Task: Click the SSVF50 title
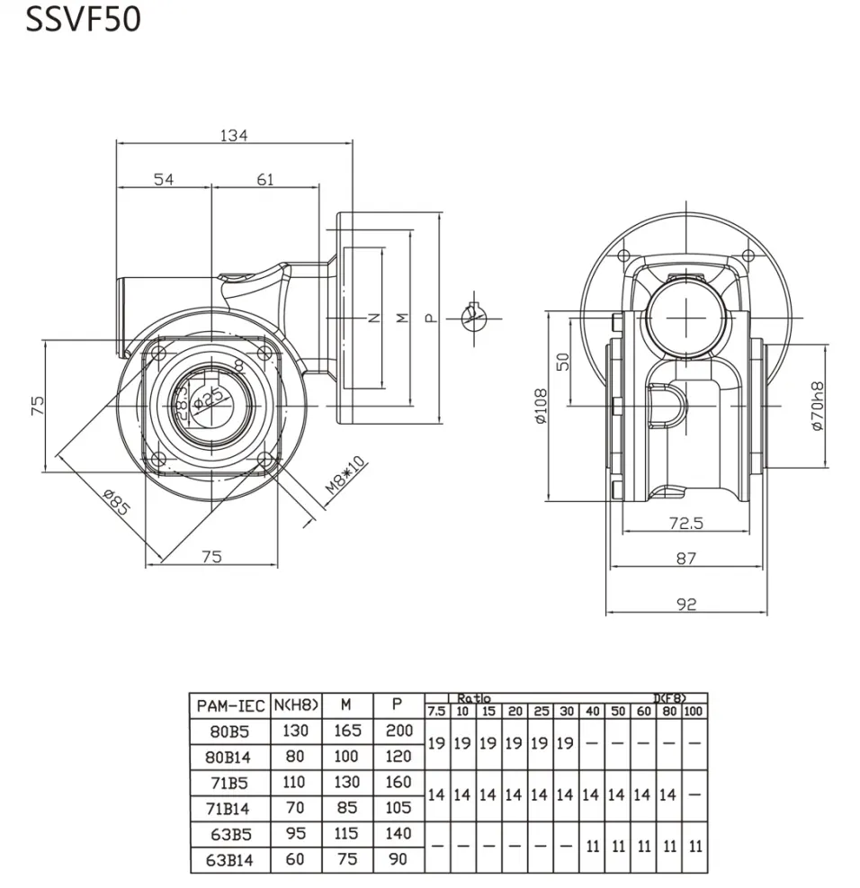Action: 84,20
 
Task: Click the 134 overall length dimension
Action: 233,135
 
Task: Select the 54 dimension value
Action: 163,179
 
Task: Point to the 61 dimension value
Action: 264,179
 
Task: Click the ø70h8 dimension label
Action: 817,406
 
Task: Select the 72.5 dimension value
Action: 685,522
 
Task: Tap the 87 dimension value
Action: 685,559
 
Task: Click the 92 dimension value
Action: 685,605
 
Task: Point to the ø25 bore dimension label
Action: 208,397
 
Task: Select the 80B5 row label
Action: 229,731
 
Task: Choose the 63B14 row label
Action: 229,860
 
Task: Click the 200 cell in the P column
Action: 398,731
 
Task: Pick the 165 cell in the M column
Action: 345,731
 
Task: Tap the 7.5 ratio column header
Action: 436,712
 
